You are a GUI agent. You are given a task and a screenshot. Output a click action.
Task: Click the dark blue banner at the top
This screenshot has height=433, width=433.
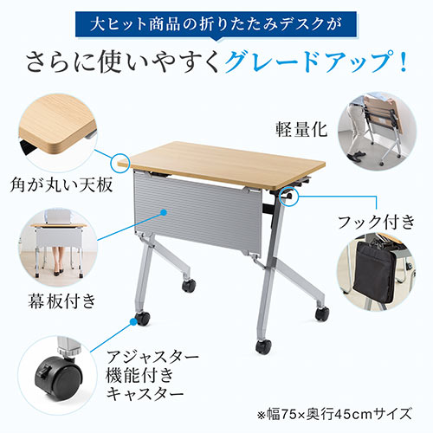[216, 19]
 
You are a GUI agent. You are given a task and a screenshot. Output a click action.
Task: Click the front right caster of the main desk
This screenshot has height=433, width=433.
[262, 346]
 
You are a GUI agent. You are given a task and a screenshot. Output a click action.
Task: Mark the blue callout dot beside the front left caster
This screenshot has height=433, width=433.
[132, 320]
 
